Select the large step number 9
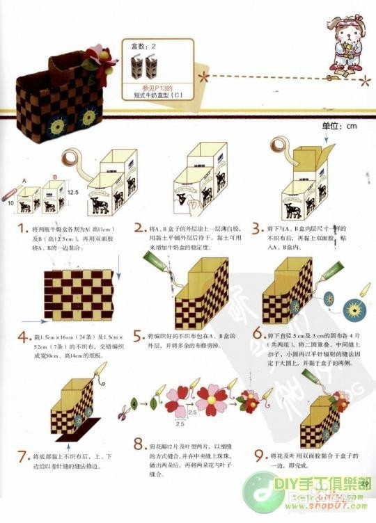258,457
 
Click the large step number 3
258,229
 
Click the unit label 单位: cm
339,126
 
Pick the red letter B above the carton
54,178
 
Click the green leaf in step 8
152,403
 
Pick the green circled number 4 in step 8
133,403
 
